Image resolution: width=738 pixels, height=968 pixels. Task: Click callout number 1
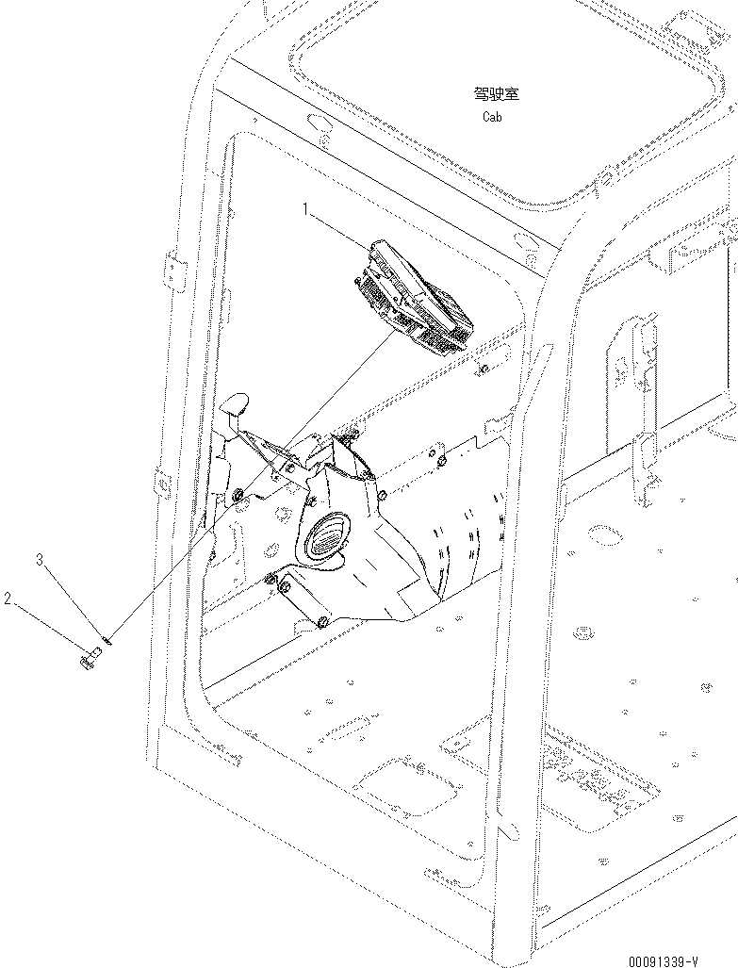click(305, 208)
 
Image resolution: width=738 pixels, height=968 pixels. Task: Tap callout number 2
click(8, 599)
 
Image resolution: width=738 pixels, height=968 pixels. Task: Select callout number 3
click(40, 560)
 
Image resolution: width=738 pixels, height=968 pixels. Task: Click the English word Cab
click(492, 117)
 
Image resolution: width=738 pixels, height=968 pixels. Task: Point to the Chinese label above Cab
click(497, 93)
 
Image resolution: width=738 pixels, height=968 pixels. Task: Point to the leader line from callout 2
click(47, 628)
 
